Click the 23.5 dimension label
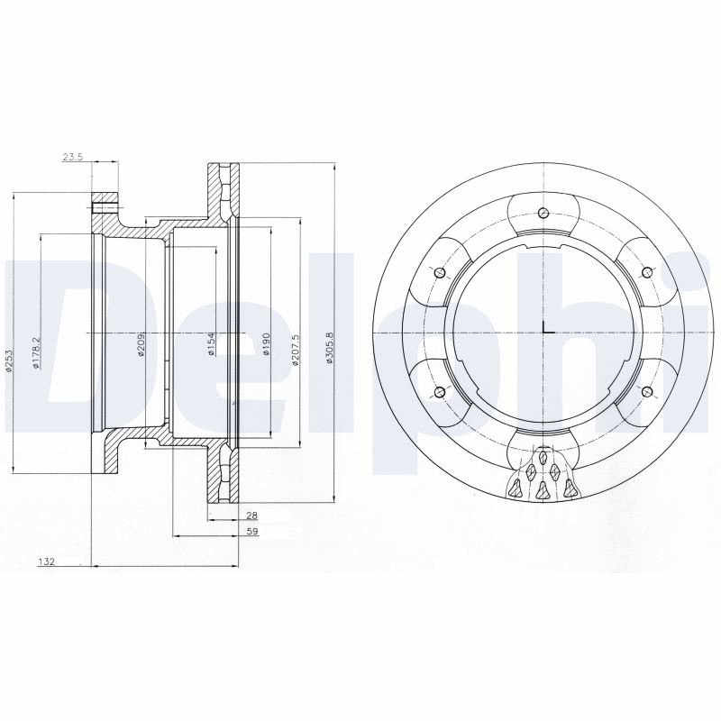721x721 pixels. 72,157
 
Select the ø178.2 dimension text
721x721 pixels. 37,354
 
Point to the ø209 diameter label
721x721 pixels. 141,344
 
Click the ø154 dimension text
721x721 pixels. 211,344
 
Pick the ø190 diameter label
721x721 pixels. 265,344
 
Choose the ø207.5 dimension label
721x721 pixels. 296,351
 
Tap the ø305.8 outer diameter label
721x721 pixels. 329,348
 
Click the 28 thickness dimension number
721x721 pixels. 253,516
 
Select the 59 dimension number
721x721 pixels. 253,532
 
